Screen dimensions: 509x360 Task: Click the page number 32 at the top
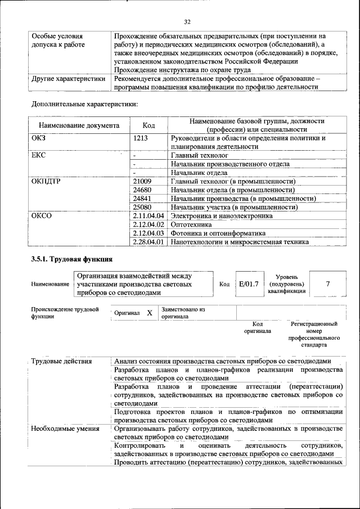pos(187,22)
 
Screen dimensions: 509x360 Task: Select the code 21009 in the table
pos(142,182)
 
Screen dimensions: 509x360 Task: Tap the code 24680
pos(142,190)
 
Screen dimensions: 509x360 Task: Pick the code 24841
pos(142,199)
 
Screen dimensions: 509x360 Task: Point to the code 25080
pos(142,207)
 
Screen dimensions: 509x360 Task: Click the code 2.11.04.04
pos(148,216)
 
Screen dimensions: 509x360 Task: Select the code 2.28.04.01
pos(148,242)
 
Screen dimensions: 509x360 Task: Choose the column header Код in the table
pos(148,125)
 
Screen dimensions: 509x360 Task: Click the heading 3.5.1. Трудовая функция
pos(72,259)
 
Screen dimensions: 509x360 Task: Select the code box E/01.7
pos(248,284)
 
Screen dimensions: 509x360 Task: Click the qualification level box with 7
pos(327,284)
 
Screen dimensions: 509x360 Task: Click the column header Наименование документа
pos(79,125)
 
